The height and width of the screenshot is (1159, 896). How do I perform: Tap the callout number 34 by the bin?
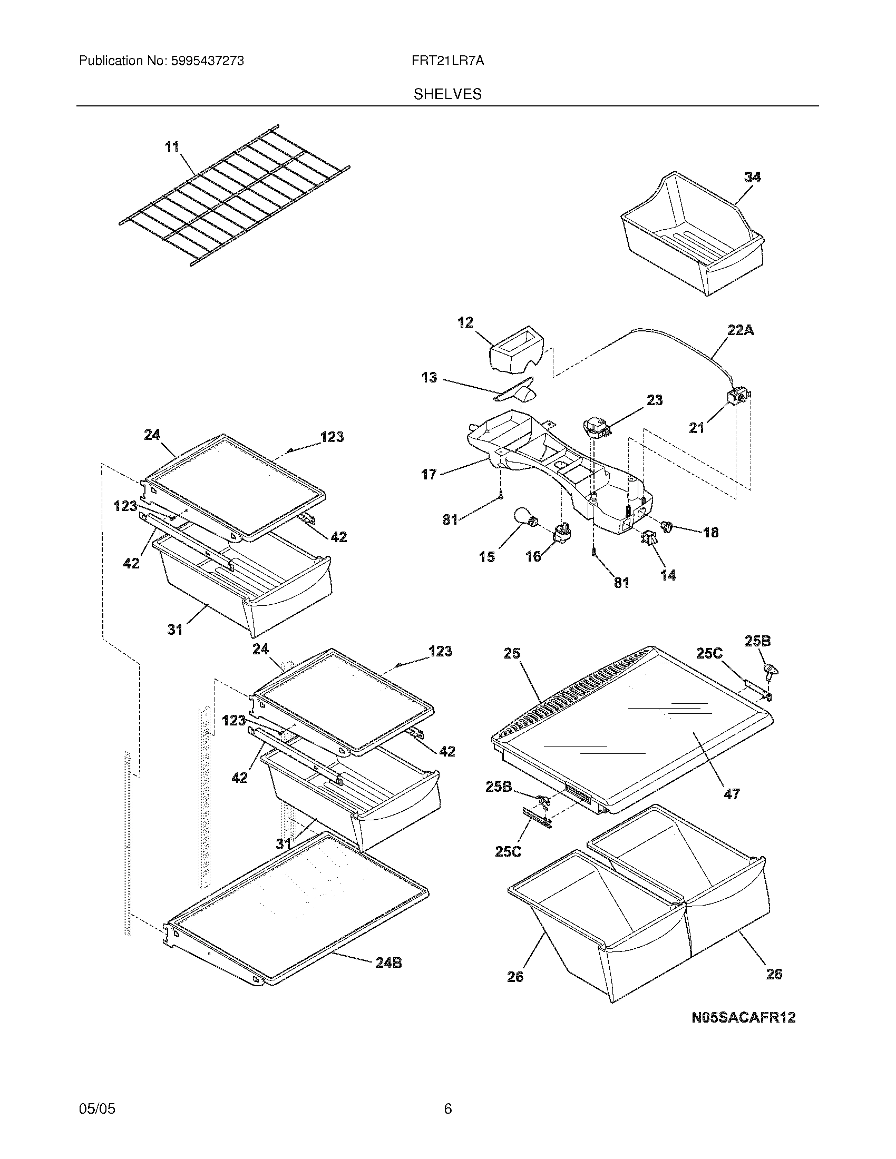[752, 177]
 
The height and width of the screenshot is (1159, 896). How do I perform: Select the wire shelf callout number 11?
[172, 147]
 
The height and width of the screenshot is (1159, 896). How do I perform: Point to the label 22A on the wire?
[741, 331]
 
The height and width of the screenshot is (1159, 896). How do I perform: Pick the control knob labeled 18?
[667, 526]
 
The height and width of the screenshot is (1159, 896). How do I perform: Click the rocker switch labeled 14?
[649, 537]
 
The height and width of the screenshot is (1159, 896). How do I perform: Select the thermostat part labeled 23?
[595, 426]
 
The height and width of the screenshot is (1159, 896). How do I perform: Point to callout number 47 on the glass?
[732, 794]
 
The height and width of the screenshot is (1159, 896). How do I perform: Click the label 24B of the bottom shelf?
[388, 962]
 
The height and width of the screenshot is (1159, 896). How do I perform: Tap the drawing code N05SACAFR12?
[743, 1017]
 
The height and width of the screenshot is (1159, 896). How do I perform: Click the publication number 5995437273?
[207, 61]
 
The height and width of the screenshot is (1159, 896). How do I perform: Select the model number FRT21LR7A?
[447, 61]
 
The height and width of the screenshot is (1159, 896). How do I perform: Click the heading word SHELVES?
[447, 94]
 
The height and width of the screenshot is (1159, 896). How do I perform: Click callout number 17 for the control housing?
[429, 474]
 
